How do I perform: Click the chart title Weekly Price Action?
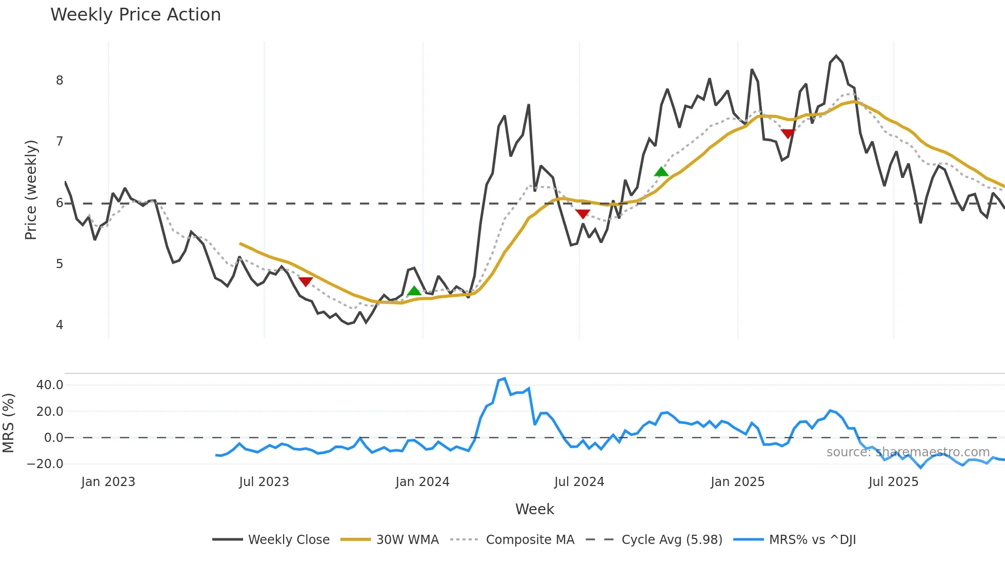[135, 15]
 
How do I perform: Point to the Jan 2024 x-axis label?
[423, 482]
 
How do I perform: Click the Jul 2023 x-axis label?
[264, 482]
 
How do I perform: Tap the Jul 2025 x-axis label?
[893, 482]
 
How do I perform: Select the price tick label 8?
[60, 80]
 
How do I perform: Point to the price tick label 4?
[60, 325]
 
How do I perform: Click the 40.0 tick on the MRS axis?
[50, 385]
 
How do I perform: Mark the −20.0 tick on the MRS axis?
[45, 464]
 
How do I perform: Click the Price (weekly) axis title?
[31, 190]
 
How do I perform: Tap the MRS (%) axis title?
[9, 423]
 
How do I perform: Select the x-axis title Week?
[534, 509]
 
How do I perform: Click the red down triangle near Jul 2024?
[582, 214]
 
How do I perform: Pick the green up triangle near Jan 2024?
[414, 291]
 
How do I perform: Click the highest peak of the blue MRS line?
[505, 379]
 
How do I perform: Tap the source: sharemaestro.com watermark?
[908, 452]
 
